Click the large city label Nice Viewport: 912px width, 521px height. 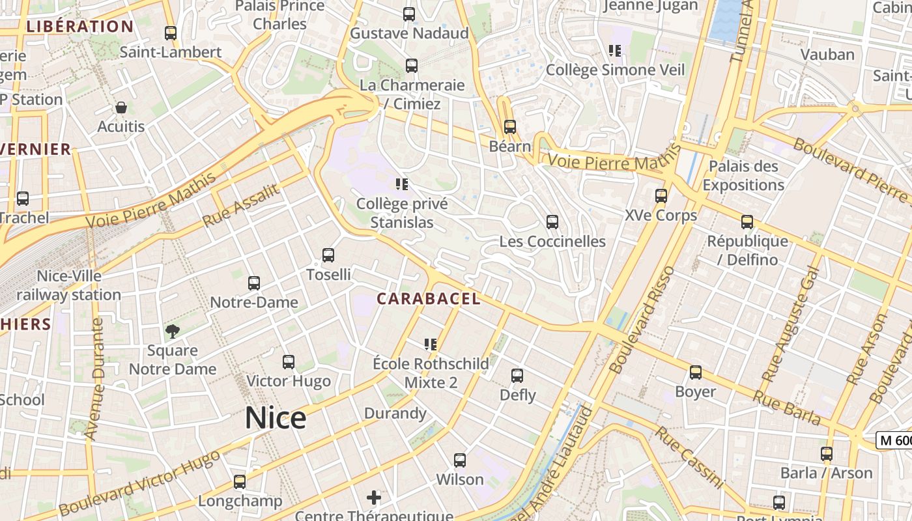coord(276,417)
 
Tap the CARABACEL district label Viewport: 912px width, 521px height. coord(429,299)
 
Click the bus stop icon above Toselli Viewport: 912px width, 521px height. coord(328,255)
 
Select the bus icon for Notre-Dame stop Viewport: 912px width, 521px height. coord(254,283)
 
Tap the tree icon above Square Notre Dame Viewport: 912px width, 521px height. coord(173,331)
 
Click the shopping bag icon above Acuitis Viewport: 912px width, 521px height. coord(121,107)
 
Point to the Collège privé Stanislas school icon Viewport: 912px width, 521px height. coord(401,184)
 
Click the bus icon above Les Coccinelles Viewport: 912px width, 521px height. coord(552,222)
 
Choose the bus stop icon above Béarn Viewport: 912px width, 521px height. coord(510,127)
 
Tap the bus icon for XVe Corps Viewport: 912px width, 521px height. coord(661,195)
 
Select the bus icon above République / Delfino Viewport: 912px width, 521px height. coord(747,222)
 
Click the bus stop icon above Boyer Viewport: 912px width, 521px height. coord(696,373)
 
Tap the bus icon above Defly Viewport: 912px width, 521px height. coord(517,376)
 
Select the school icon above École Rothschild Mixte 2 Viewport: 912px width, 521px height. coord(430,344)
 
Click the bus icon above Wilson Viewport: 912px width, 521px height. coord(460,460)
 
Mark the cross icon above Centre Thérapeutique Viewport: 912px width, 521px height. coord(374,498)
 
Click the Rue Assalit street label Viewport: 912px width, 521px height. coord(240,205)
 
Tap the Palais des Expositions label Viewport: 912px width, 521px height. coord(743,175)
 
